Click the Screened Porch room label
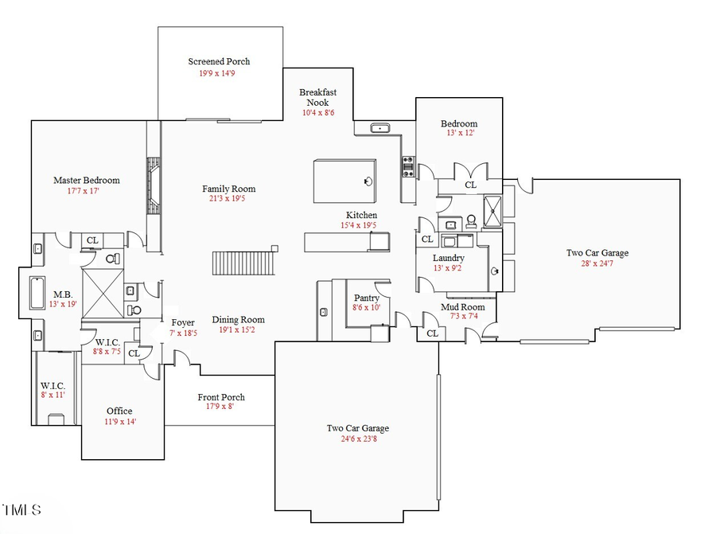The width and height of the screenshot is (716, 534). pyautogui.click(x=219, y=61)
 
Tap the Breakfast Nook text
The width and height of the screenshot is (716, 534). pyautogui.click(x=318, y=97)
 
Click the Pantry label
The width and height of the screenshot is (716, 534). pyautogui.click(x=367, y=298)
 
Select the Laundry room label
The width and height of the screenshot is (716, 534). pyautogui.click(x=449, y=259)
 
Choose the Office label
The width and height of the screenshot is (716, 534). pyautogui.click(x=119, y=411)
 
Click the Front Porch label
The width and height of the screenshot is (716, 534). pyautogui.click(x=221, y=397)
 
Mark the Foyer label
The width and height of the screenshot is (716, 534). pyautogui.click(x=183, y=322)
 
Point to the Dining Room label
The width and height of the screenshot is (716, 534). pyautogui.click(x=238, y=320)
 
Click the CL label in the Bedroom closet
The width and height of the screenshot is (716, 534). pyautogui.click(x=470, y=185)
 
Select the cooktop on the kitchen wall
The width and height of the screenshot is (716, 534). pyautogui.click(x=407, y=166)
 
